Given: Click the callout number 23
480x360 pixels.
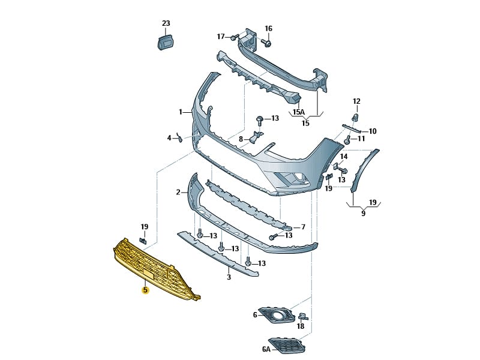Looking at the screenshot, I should coord(166,23).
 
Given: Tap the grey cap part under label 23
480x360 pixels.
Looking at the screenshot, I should coord(165,42).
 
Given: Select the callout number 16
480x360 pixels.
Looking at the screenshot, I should coord(268,28).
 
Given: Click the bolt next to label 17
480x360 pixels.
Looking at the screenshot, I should coord(233,37).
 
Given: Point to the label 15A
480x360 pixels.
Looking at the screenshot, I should coord(298,112).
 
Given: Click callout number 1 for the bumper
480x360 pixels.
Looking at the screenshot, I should coord(181,112).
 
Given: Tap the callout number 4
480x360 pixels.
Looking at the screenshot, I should coord(169,138).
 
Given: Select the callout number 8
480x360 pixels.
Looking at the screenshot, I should coord(241,139).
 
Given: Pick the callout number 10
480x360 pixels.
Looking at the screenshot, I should coord(373,131).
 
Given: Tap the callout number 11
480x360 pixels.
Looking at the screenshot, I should coord(361,139).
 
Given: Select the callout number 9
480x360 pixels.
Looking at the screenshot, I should coord(363,213).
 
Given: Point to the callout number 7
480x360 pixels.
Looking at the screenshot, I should coord(303,227).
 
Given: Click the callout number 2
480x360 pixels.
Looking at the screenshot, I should coord(178,193).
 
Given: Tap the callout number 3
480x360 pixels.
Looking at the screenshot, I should coord(229,277).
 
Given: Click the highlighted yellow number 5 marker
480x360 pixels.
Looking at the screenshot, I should coord(145,290).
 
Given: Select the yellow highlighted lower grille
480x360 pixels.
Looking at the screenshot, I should coord(153,267).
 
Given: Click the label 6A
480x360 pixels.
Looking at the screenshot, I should coord(266,349).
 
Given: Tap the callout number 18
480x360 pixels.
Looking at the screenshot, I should coord(301,326).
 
